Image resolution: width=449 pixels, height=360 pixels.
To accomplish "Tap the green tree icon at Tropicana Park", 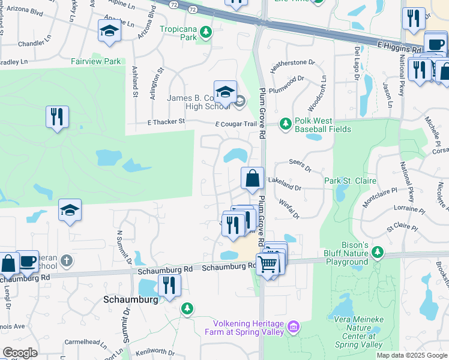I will pyautogui.click(x=206, y=32).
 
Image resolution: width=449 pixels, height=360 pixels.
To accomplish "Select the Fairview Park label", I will pyautogui.click(x=96, y=61).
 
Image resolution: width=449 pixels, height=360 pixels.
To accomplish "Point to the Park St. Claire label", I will pyautogui.click(x=350, y=181).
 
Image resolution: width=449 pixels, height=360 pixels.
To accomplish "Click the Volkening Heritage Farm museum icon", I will pyautogui.click(x=293, y=327).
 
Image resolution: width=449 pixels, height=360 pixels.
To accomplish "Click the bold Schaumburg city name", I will pyautogui.click(x=130, y=299).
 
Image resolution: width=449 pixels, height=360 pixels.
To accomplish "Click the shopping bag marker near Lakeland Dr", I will pyautogui.click(x=253, y=178).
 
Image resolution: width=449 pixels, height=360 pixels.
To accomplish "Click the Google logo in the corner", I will pyautogui.click(x=20, y=353).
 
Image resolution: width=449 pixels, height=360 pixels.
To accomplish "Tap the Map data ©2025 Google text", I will pyautogui.click(x=411, y=355).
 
